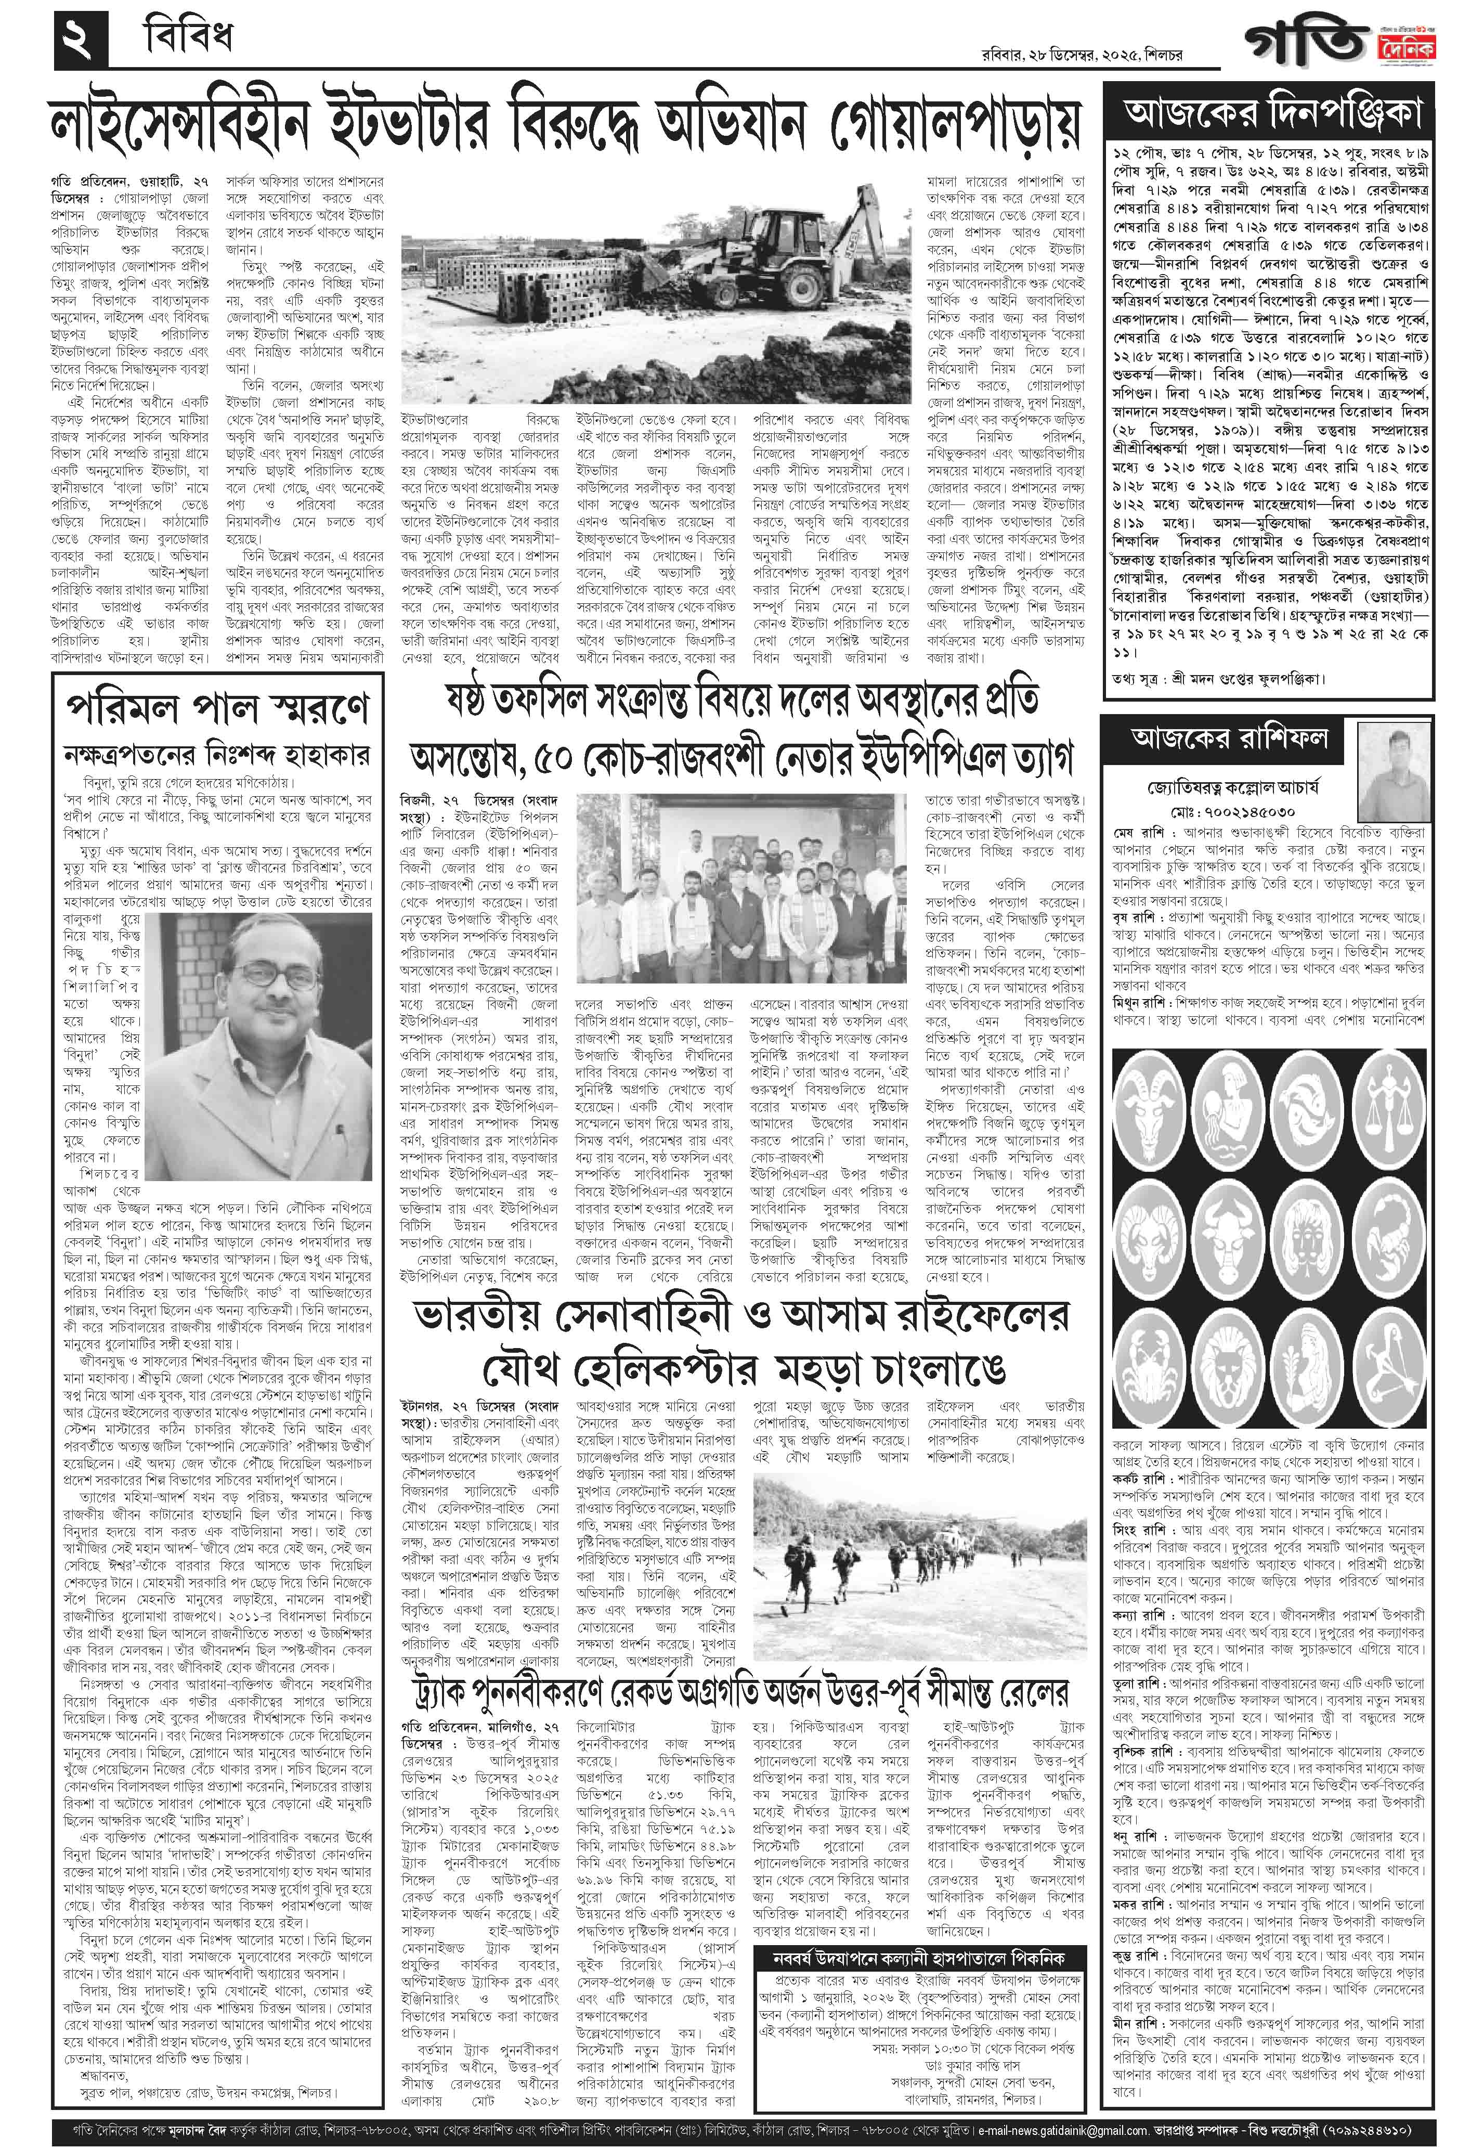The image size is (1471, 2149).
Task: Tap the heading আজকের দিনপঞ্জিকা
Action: click(x=1272, y=113)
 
